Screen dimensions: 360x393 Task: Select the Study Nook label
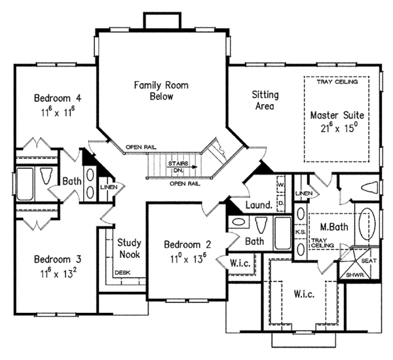coord(129,248)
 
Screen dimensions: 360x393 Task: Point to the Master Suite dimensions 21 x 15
coord(336,128)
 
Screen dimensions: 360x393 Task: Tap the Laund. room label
coord(259,206)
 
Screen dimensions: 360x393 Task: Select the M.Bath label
coord(333,227)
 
